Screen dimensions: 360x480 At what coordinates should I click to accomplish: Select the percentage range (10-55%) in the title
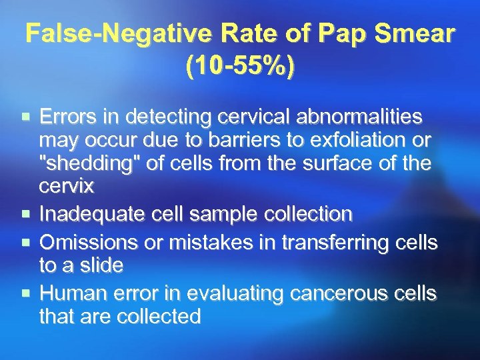[x=240, y=67]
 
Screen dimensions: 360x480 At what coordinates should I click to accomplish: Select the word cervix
[x=67, y=187]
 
